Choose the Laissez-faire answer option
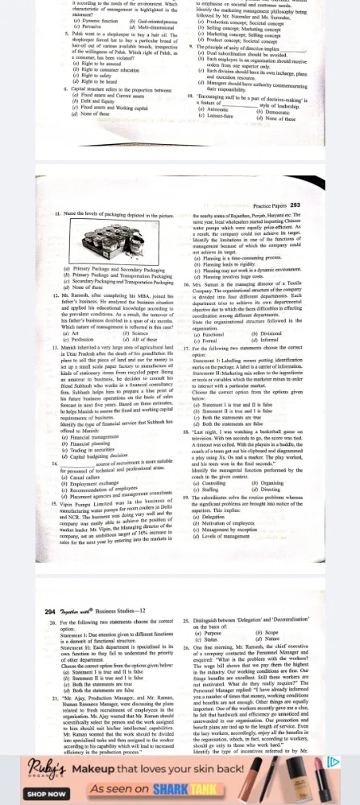point(213,155)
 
